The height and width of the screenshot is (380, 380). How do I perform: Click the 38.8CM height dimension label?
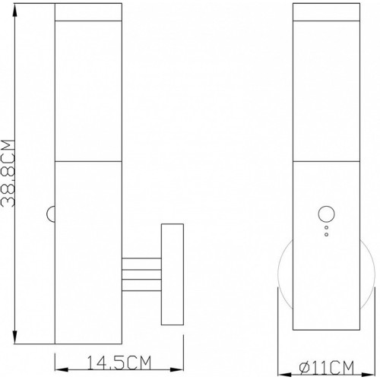(8, 173)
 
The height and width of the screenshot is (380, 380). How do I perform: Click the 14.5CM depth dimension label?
(119, 363)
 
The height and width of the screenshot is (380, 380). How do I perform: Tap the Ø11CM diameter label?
(326, 368)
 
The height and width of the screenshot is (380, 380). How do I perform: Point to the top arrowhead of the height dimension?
(15, 11)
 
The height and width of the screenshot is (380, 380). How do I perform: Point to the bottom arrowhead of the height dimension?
(15, 337)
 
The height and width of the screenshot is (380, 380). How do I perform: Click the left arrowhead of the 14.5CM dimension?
(62, 369)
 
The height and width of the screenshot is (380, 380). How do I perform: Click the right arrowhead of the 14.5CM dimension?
(176, 369)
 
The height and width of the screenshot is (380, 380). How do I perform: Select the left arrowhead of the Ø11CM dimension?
(285, 375)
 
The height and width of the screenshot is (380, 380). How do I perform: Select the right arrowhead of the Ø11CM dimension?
(369, 375)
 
